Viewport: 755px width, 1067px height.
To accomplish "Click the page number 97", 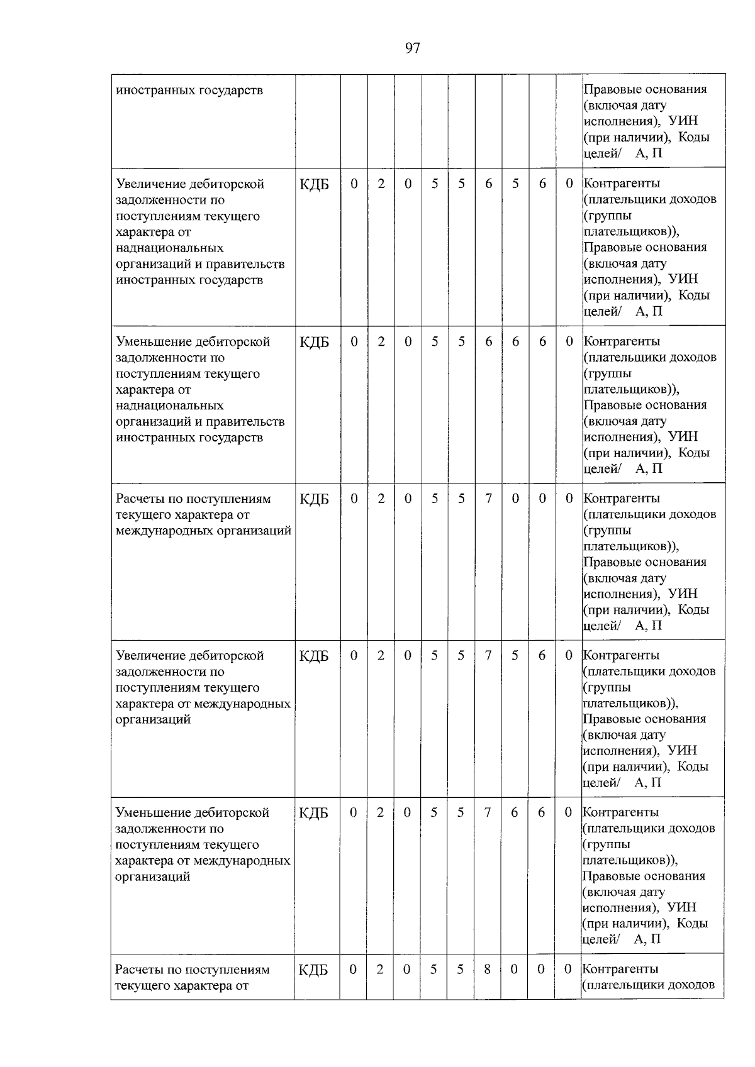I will click(x=412, y=48).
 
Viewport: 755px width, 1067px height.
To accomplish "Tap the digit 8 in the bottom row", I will click(x=487, y=970).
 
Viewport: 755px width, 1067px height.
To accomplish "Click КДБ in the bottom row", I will click(x=313, y=971).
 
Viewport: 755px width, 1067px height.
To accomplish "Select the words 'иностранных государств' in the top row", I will click(x=189, y=90).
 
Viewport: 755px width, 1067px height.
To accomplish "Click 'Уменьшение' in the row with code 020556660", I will click(x=152, y=342).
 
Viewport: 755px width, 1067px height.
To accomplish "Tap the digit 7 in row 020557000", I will click(x=488, y=499).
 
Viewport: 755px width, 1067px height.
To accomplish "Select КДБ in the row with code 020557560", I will click(x=314, y=656).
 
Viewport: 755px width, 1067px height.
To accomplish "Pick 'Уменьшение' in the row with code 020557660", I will click(x=151, y=813).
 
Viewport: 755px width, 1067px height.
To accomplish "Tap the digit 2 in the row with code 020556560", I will click(x=381, y=184).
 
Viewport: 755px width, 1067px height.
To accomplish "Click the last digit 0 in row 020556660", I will click(x=569, y=341).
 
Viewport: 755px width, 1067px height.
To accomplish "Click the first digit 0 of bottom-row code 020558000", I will click(x=353, y=970).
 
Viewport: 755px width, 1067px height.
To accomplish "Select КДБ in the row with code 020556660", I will click(x=314, y=342).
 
